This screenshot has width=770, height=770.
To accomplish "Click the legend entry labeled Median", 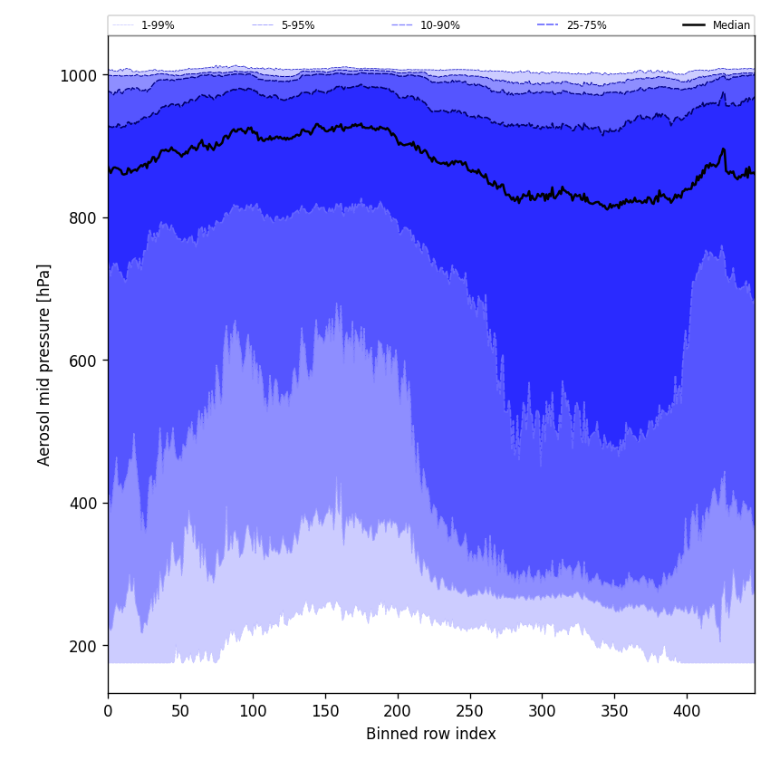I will tap(731, 25).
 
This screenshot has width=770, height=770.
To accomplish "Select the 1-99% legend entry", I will tap(158, 25).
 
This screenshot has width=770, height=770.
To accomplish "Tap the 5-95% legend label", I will tap(298, 25).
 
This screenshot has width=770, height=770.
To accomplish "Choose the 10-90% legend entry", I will tap(439, 25).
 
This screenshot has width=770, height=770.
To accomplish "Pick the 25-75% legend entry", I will tap(586, 25).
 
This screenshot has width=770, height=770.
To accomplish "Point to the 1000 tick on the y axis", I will tap(79, 76).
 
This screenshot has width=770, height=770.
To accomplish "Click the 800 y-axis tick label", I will tap(83, 218).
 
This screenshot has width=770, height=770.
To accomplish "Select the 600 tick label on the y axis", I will tap(83, 361).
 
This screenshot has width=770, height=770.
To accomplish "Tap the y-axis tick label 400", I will tap(83, 504).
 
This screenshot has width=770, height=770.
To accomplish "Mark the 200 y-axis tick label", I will tap(83, 646).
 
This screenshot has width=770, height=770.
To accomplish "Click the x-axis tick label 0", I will tap(108, 712).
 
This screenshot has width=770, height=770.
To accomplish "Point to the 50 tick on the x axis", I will tap(180, 712).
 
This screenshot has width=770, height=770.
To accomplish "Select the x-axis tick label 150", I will tap(325, 712).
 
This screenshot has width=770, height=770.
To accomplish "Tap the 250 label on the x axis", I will tap(470, 712).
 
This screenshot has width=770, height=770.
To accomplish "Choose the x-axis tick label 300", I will tap(542, 712).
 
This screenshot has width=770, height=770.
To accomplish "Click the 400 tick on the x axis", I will tap(687, 712).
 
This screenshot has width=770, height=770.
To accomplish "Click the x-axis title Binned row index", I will tap(431, 735).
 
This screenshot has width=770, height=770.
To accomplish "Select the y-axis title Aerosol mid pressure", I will tap(44, 364).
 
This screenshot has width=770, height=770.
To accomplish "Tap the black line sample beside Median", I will tap(694, 25).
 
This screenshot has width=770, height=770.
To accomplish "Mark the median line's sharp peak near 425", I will tap(723, 149).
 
